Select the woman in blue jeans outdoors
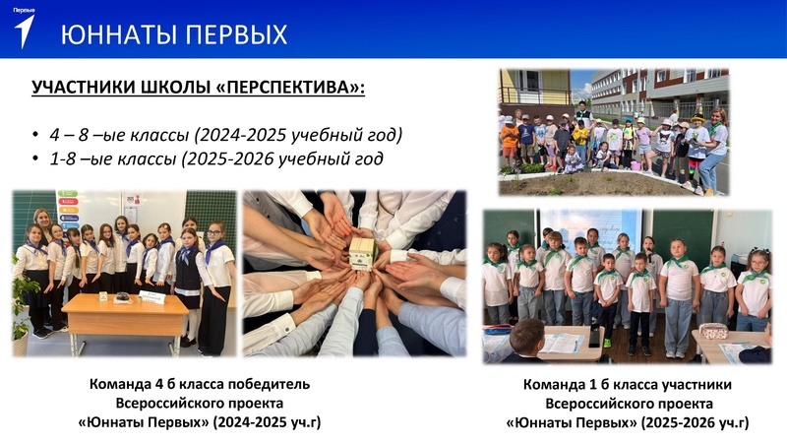coord(710,148)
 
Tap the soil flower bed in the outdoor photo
coord(610,183)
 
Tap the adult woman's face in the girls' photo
coord(42,218)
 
